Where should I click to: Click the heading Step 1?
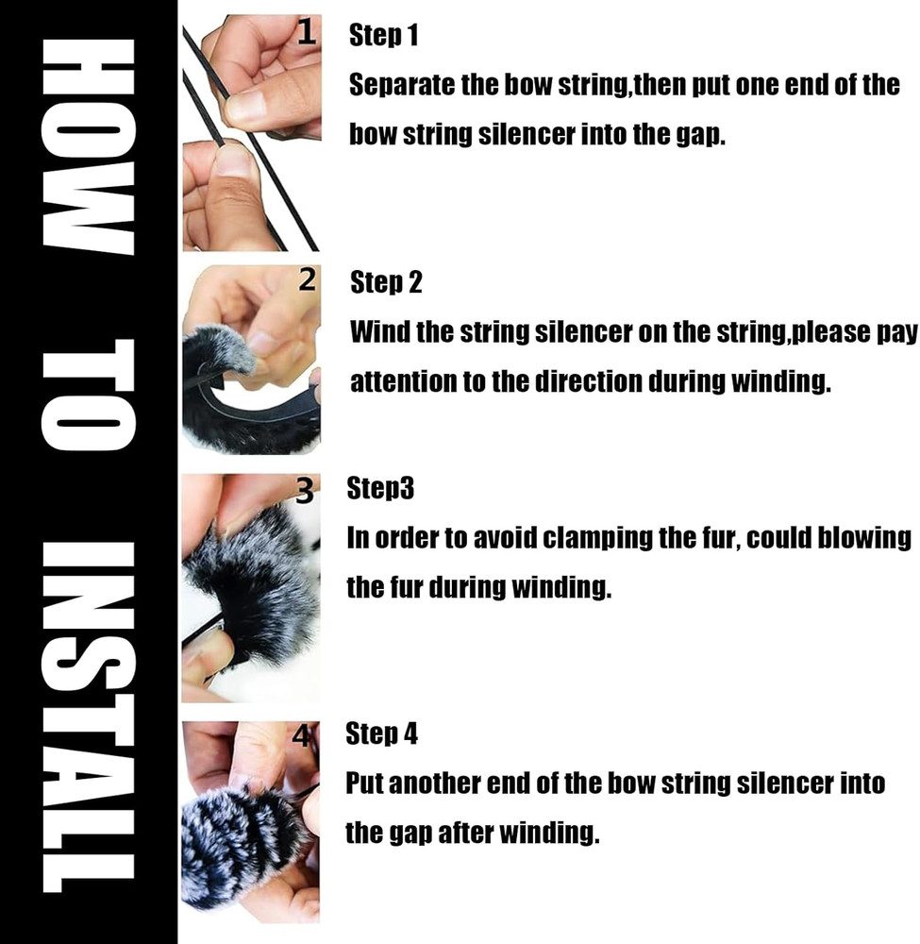pos(383,35)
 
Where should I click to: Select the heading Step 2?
pos(386,281)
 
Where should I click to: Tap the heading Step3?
pos(380,488)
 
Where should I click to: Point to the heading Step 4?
pos(381,733)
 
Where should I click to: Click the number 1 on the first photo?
pos(307,32)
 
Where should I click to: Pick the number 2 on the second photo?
pos(307,280)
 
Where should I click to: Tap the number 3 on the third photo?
pos(305,490)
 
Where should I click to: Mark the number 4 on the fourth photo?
pos(301,735)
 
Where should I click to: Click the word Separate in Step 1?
pos(401,86)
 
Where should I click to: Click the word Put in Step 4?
pos(363,784)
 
